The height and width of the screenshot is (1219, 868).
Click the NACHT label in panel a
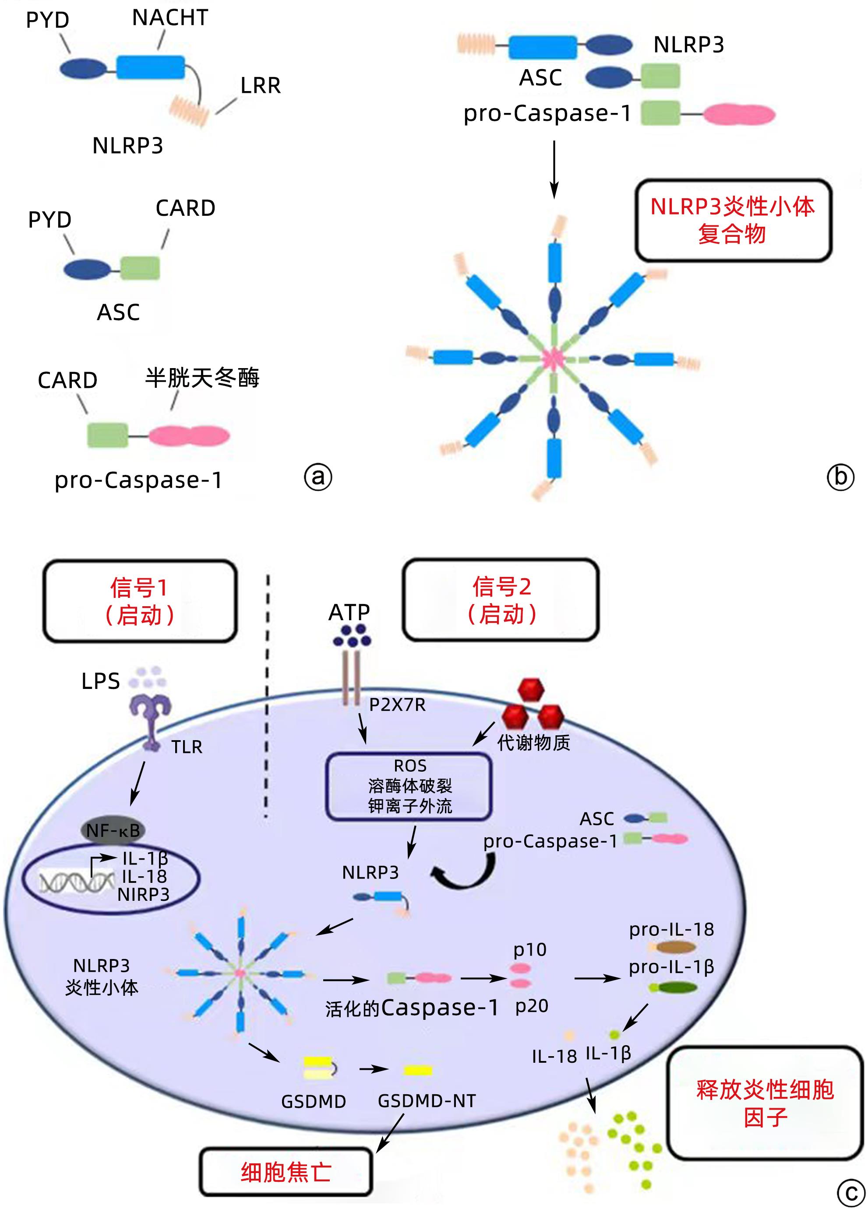(170, 18)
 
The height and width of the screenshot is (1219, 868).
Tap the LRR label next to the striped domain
(260, 85)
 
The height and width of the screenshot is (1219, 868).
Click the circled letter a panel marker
(318, 477)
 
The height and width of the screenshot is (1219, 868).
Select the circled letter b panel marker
(840, 477)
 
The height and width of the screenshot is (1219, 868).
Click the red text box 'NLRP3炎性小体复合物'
(733, 220)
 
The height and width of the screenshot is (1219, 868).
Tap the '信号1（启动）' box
(140, 601)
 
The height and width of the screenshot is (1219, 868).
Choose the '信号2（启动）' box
(501, 600)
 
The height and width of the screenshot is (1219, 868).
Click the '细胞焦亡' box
(286, 1172)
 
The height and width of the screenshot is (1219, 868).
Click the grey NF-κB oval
(113, 830)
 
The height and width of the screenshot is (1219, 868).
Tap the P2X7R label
(397, 705)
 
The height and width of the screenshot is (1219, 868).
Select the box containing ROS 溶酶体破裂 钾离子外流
(409, 786)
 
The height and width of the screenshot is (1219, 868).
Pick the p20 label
(532, 1006)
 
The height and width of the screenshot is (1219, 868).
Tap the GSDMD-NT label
(427, 1100)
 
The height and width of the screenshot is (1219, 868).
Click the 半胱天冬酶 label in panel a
(202, 378)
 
